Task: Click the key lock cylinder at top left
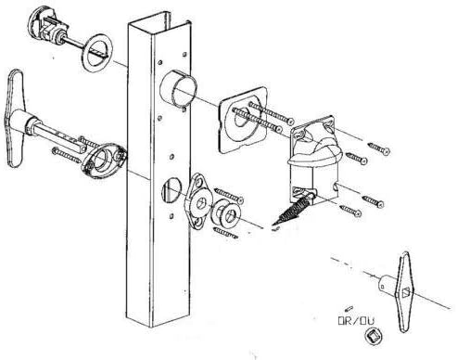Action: [x=46, y=28]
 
